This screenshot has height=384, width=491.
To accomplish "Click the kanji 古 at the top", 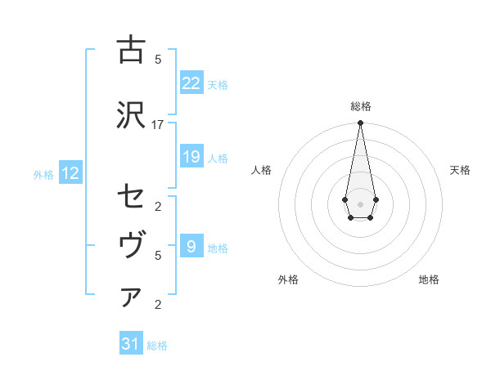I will tap(131, 50).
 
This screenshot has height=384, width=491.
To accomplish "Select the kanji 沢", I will tap(131, 115).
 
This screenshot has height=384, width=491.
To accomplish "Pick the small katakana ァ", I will tap(131, 297).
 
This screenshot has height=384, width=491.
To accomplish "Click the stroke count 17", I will tap(158, 124).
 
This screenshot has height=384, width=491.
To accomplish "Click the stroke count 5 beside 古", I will tap(158, 59).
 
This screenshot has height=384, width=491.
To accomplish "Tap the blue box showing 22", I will tap(191, 83).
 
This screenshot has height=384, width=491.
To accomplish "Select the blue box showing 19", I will tap(191, 157).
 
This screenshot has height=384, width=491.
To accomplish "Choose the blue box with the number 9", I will tap(191, 246).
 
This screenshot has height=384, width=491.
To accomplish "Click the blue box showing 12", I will tap(70, 173).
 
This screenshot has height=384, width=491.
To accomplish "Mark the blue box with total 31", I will tap(131, 344).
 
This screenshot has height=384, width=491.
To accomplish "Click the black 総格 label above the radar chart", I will tap(360, 106).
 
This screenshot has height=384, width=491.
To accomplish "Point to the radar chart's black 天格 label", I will tap(460, 170).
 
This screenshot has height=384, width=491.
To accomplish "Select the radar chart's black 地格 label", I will tap(429, 279).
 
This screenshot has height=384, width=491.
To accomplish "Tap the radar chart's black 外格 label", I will tap(288, 279).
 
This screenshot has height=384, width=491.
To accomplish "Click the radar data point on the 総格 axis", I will tap(360, 123).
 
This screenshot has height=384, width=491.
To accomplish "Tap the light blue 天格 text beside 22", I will tap(218, 84).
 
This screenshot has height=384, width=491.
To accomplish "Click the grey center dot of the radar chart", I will tap(360, 203).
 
